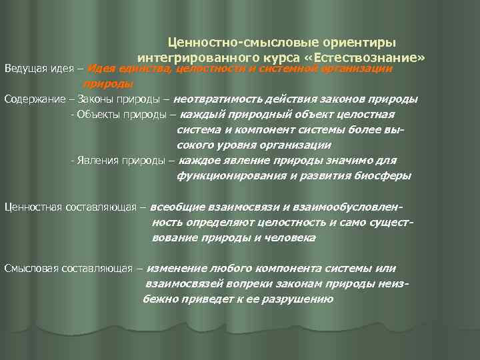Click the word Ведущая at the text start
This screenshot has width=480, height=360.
click(x=24, y=69)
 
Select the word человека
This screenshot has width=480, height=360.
click(x=289, y=237)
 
